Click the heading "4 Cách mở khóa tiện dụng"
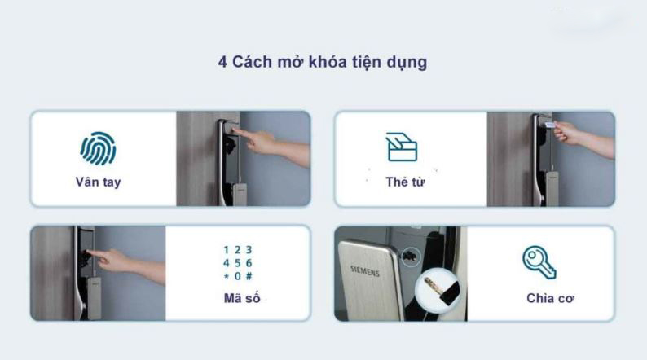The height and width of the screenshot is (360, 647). pos(323,63)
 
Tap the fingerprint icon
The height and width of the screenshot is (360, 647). pos(98,148)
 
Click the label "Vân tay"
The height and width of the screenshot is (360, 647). pos(98,182)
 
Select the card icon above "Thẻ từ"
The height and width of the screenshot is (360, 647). pos(402,147)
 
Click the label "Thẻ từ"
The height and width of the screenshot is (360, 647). pos(405,182)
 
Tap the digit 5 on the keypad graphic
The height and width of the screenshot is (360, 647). pos(237,263)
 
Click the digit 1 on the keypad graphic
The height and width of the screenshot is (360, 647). pos(226,250)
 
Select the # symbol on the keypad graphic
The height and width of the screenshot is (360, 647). pos(249,276)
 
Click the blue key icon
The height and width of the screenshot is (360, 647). pos(539,262)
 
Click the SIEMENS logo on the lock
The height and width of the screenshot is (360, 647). pos(364,271)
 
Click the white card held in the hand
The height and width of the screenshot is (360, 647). pos(549,125)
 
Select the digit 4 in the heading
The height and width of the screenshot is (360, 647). pos(222,63)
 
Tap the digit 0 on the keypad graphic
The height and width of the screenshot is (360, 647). pos(237,276)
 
